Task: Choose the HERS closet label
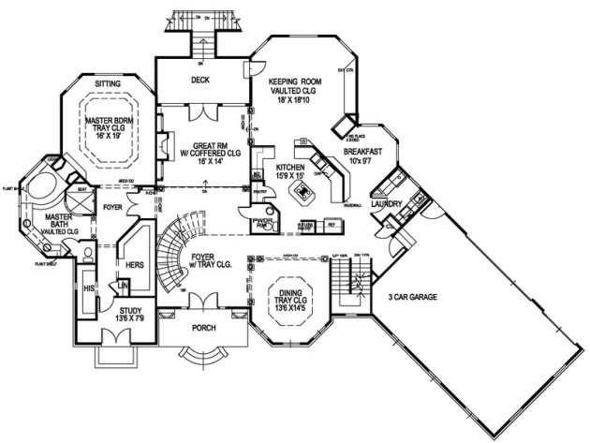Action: point(134,265)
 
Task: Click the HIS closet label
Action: point(89,288)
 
